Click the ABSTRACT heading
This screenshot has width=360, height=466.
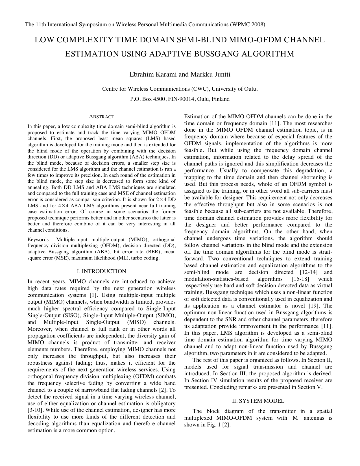click(x=102, y=117)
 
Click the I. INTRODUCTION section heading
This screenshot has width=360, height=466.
click(x=102, y=271)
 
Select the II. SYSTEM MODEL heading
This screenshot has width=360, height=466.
click(x=258, y=401)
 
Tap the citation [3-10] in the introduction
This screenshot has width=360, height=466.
click(x=36, y=410)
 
